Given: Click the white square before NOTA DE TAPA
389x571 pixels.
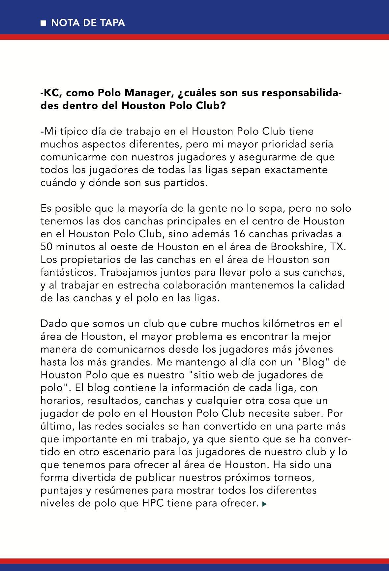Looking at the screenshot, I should click(43, 23).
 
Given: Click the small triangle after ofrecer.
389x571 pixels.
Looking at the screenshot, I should click(264, 504).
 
